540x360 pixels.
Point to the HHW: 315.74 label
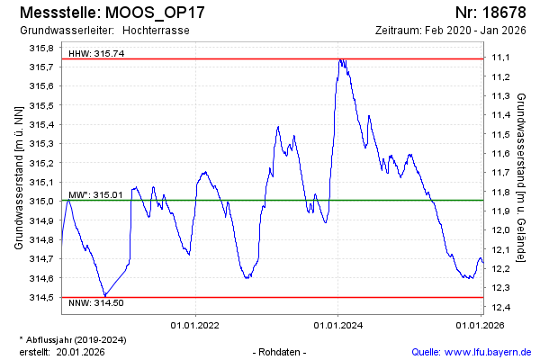click(96, 53)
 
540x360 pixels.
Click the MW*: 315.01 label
click(96, 194)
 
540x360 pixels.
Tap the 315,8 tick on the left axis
click(40, 48)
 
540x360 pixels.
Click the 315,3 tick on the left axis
click(40, 144)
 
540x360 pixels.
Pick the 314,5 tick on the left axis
click(40, 297)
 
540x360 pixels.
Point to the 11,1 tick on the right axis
click(501, 58)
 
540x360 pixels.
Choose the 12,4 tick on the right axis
click(501, 307)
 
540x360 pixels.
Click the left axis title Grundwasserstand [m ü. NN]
click(18, 176)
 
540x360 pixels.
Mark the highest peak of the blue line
click(340, 59)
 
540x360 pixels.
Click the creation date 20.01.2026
click(82, 352)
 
